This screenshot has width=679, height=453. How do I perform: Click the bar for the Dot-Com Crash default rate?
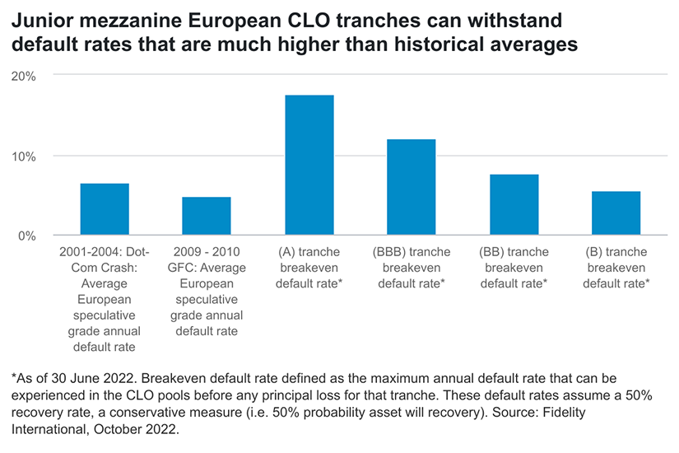click(105, 210)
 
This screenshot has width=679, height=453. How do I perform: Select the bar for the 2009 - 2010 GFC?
click(207, 217)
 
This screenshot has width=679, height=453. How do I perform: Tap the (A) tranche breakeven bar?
click(309, 166)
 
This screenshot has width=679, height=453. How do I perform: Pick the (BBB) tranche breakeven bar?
click(412, 188)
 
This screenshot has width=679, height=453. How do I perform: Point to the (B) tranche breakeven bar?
click(616, 213)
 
